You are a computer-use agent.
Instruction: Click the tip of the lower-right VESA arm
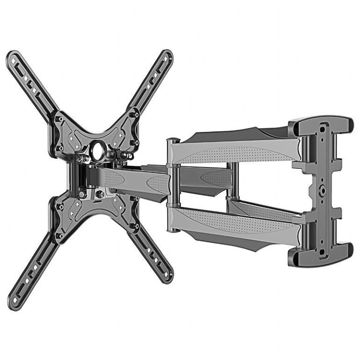[167, 278]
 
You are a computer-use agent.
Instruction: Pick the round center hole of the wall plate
[323, 191]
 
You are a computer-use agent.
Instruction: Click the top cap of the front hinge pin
[173, 140]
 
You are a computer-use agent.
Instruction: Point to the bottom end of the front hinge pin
[173, 230]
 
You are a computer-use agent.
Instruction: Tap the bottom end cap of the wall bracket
[323, 255]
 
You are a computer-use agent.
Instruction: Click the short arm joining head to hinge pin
[136, 180]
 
